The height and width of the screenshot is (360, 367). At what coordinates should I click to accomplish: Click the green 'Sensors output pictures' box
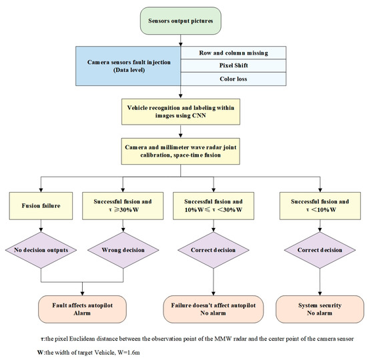tap(181, 21)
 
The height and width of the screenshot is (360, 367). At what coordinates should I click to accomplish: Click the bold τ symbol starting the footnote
tap(42, 338)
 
